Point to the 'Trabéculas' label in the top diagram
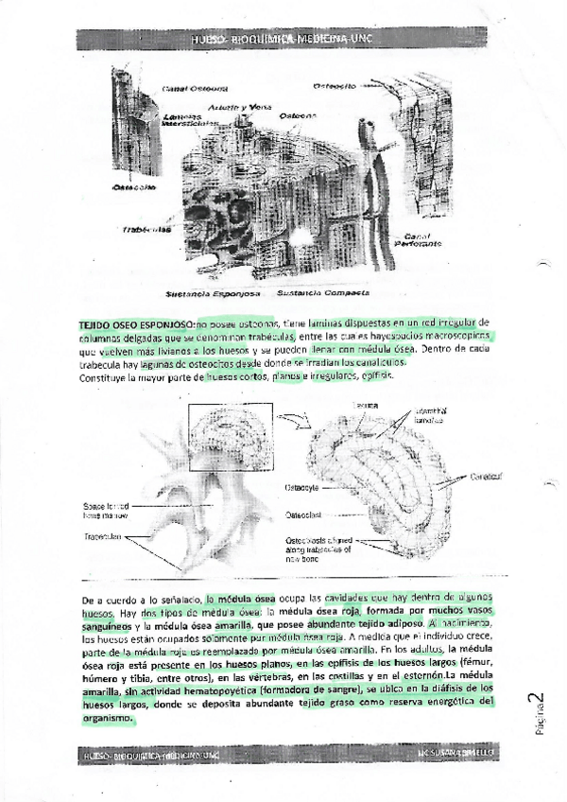click(x=146, y=229)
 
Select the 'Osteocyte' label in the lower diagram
click(x=301, y=488)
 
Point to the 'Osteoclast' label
click(x=303, y=515)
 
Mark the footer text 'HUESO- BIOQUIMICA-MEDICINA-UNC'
click(x=151, y=757)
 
